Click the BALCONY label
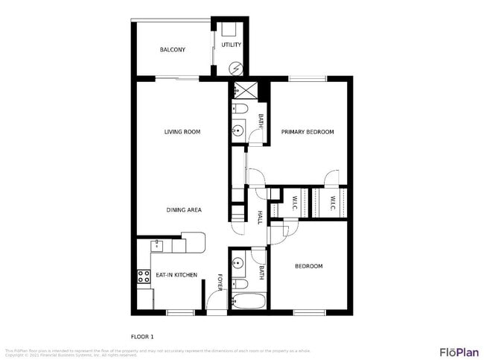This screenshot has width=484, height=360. click(x=172, y=50)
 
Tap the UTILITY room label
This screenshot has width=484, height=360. click(x=231, y=45)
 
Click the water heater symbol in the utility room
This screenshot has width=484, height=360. click(x=236, y=69)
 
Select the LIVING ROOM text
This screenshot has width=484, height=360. click(x=182, y=132)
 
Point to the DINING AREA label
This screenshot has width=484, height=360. click(x=184, y=210)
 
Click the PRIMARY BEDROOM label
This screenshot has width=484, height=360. click(x=307, y=132)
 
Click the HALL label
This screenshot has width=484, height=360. click(x=260, y=217)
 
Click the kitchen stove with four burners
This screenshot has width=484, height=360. click(x=144, y=276)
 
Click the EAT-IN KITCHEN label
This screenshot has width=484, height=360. click(x=176, y=276)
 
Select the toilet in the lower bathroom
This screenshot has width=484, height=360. click(x=240, y=284)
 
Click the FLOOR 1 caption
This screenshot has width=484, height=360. click(x=141, y=335)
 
